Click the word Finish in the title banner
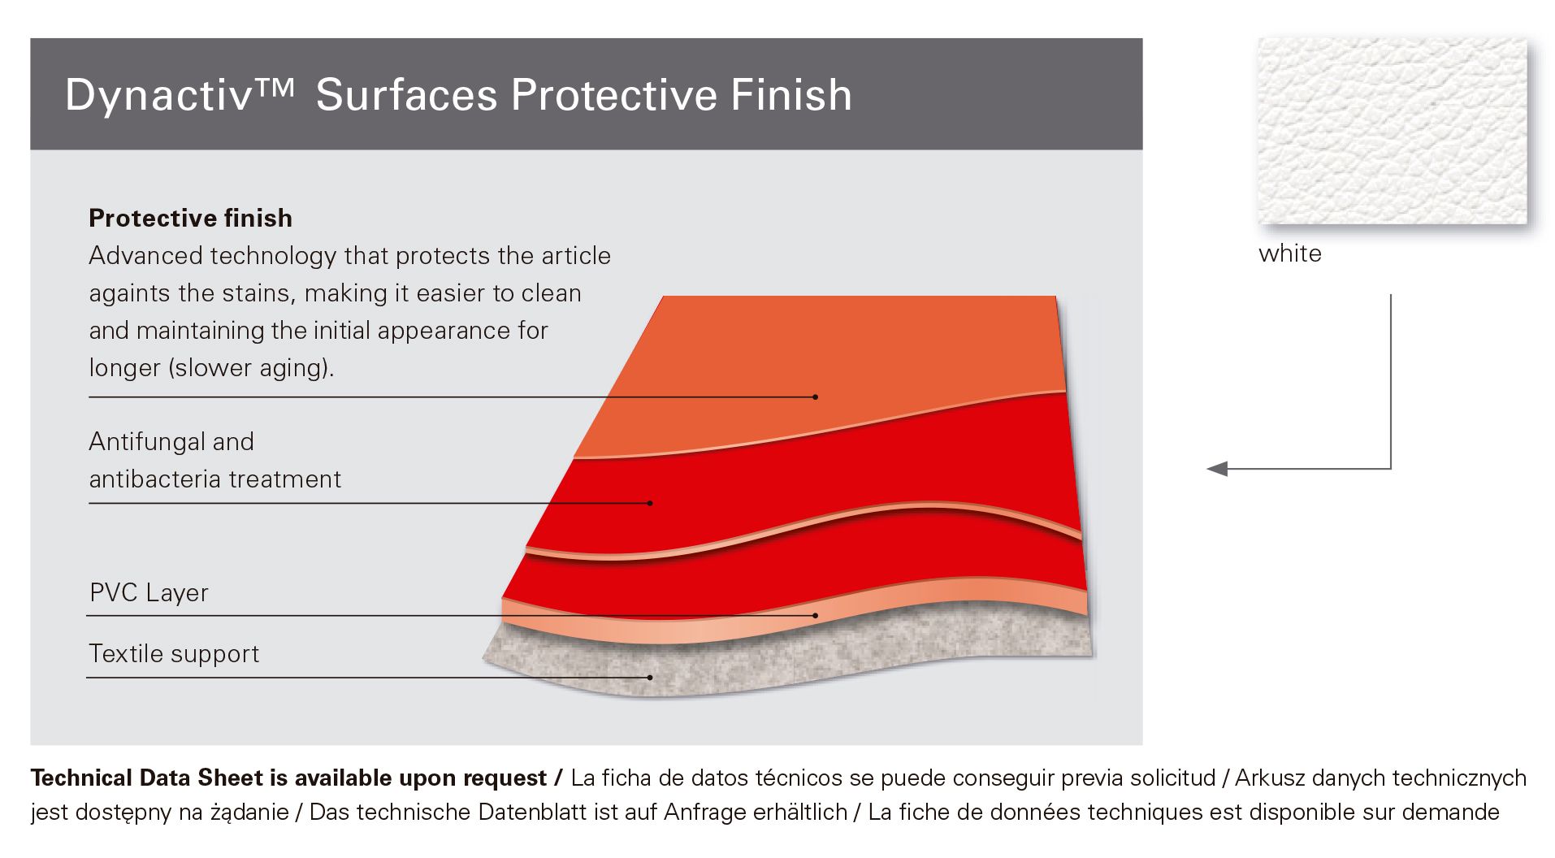click(x=791, y=94)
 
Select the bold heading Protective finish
click(x=190, y=219)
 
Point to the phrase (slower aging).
click(x=251, y=369)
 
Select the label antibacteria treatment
click(x=214, y=479)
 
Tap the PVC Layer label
click(x=149, y=593)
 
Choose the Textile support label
click(x=174, y=654)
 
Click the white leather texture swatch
click(x=1392, y=131)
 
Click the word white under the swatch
click(x=1289, y=253)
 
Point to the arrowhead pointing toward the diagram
click(x=1217, y=469)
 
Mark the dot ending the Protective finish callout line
click(x=815, y=397)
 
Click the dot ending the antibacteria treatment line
click(x=650, y=504)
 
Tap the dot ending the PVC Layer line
click(x=815, y=616)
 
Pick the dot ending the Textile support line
click(x=650, y=678)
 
